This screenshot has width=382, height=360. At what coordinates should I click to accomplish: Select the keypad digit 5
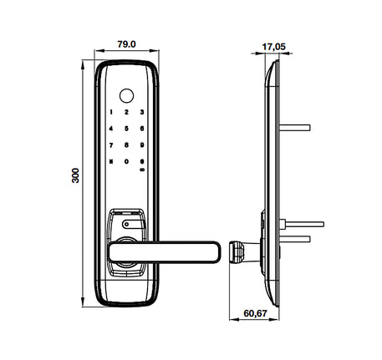127,129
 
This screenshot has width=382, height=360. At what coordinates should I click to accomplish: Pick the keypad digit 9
142,146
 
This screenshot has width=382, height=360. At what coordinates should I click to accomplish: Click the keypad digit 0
127,164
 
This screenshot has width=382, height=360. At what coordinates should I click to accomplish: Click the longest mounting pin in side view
305,223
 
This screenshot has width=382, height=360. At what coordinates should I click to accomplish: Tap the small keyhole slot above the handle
127,223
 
